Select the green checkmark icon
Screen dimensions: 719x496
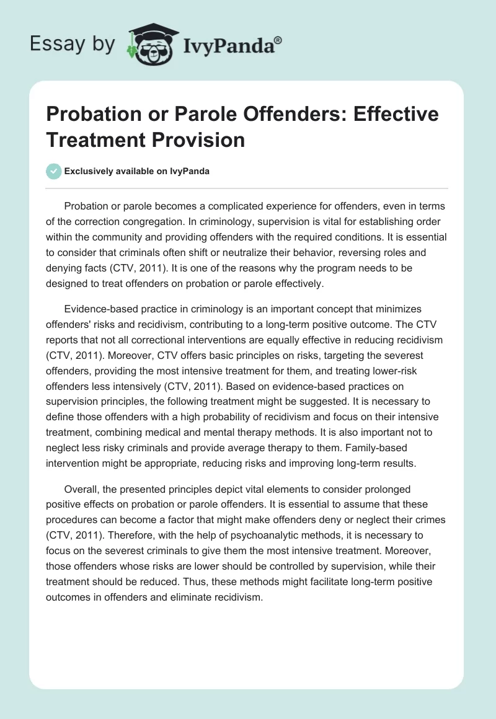click(x=55, y=171)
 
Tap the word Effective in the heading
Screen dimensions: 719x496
click(x=385, y=114)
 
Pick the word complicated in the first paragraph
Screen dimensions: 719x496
click(x=218, y=205)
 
